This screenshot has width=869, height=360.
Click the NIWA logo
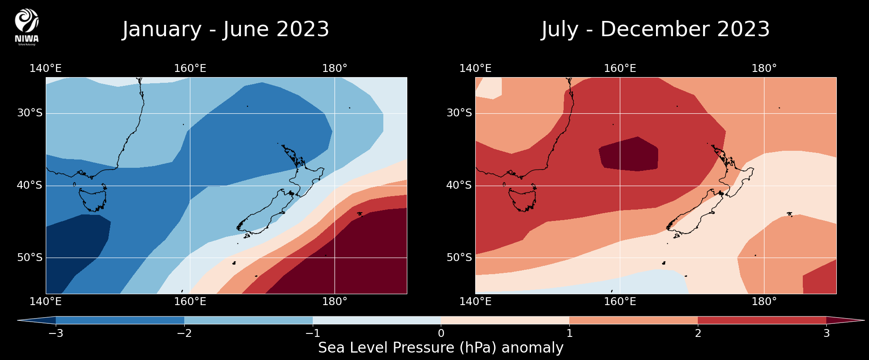click(27, 27)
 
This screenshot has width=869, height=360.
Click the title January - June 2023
click(225, 29)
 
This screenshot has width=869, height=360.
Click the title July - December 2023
click(656, 29)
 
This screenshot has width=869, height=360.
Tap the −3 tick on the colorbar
click(56, 333)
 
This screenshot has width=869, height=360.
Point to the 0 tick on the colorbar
click(441, 333)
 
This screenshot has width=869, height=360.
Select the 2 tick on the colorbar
click(698, 333)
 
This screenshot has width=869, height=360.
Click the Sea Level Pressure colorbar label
click(441, 348)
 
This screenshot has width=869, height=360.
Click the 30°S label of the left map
click(30, 113)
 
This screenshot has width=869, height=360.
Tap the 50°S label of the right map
click(459, 258)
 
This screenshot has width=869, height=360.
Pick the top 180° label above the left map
click(335, 68)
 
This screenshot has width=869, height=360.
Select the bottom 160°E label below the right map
click(620, 302)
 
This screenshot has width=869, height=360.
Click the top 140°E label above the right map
click(475, 68)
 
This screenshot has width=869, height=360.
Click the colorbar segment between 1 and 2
click(633, 320)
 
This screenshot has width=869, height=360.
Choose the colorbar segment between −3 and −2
click(120, 320)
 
